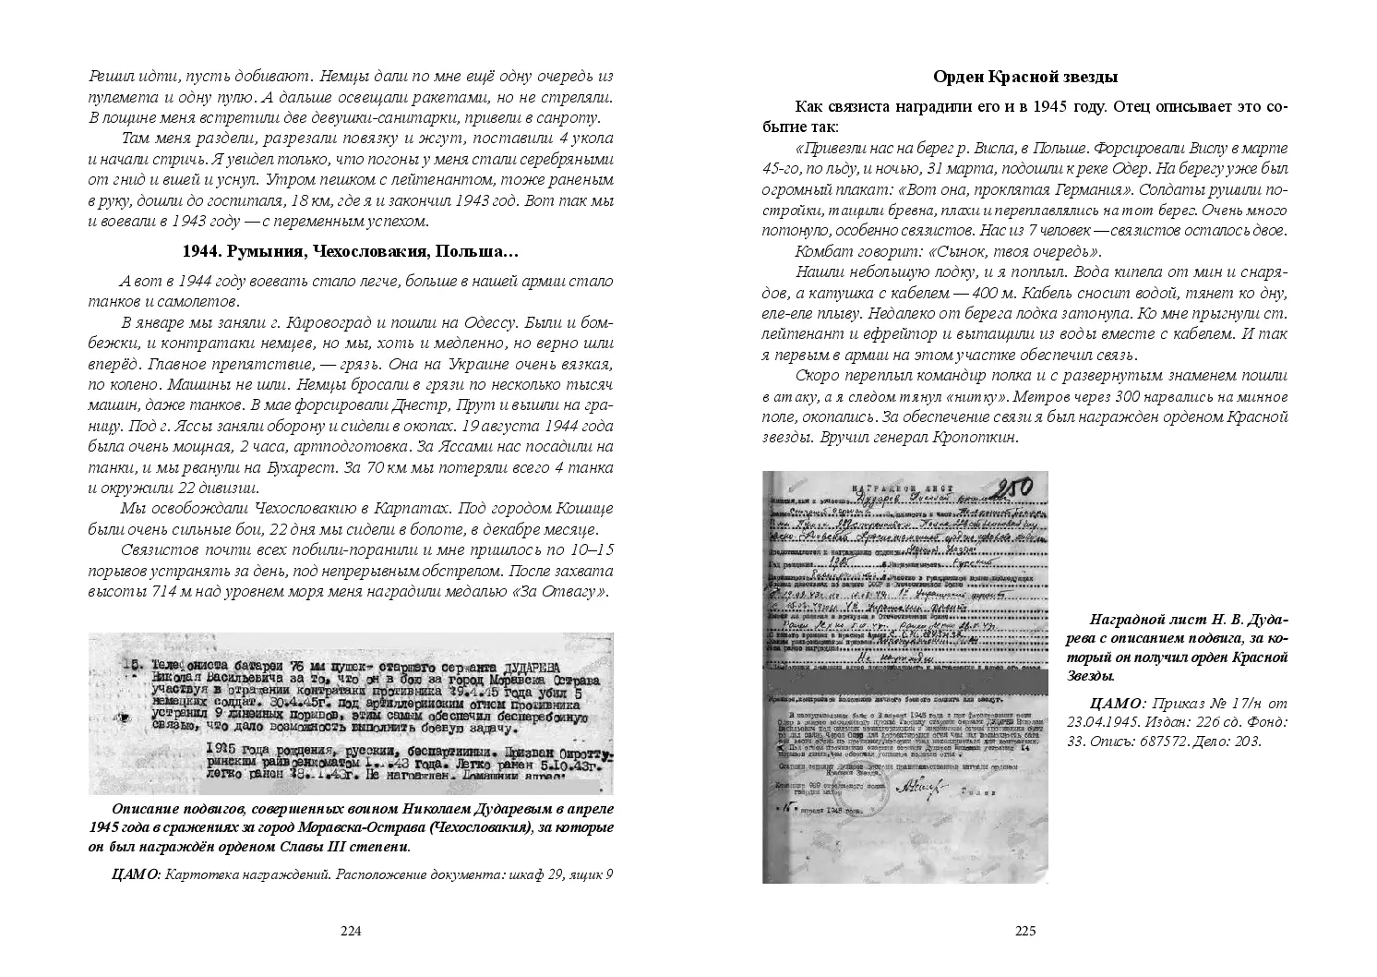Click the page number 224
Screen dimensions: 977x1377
pyautogui.click(x=350, y=931)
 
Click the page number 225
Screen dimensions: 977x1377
pyautogui.click(x=1025, y=931)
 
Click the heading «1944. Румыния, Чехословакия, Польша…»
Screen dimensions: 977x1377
pyautogui.click(x=351, y=251)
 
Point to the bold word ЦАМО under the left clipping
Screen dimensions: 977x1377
pyautogui.click(x=135, y=874)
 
